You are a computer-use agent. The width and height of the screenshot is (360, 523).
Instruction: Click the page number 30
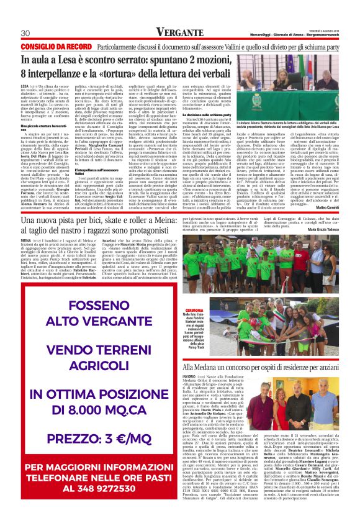25,33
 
